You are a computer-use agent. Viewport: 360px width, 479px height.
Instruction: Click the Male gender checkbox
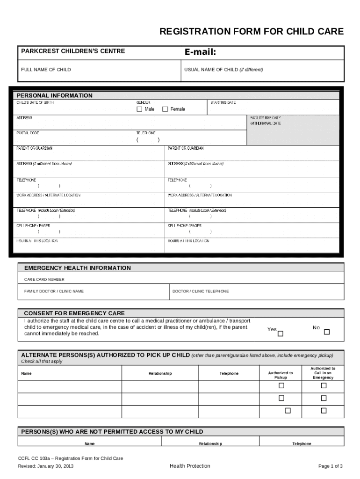point(139,109)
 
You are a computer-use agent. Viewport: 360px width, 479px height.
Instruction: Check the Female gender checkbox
point(165,109)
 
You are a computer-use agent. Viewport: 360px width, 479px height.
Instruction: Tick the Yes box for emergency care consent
point(281,334)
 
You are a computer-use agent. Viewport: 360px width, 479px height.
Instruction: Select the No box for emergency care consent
point(327,332)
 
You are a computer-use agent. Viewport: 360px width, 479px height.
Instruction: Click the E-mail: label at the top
point(200,52)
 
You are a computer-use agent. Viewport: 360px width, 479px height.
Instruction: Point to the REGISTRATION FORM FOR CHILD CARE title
point(252,32)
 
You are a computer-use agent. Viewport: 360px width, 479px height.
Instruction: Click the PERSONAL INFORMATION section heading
point(55,95)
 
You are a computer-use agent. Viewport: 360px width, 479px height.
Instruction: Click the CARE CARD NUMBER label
point(44,279)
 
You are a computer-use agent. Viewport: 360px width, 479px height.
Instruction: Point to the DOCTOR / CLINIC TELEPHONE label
point(201,291)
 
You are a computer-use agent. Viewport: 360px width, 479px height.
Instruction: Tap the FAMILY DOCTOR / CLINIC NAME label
point(54,291)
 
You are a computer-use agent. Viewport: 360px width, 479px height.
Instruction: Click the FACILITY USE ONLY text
point(266,118)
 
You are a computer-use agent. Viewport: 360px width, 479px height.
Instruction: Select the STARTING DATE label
point(223,102)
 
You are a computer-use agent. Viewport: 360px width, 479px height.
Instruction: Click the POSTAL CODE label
point(28,133)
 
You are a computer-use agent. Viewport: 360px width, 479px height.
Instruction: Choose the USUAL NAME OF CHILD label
point(223,70)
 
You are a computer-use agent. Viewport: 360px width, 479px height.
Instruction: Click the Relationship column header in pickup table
point(160,373)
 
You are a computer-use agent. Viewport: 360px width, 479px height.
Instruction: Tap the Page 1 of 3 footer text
point(331,466)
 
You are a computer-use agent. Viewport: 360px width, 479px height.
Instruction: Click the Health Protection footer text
point(190,466)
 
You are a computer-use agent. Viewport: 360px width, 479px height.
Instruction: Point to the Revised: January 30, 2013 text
point(46,466)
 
